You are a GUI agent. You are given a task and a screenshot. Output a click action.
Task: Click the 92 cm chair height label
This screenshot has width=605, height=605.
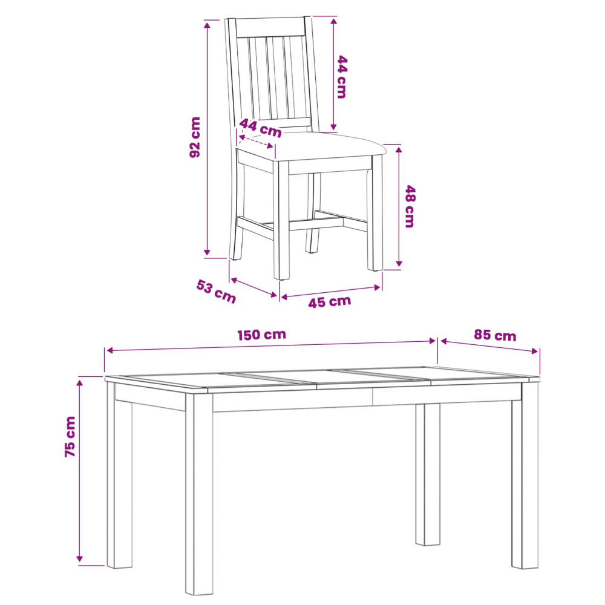pos(195,137)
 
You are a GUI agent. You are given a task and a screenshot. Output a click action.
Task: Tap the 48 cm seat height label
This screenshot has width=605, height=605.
pos(410,206)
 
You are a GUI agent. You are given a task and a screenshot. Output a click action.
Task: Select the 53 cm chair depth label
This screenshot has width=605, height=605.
pos(216,292)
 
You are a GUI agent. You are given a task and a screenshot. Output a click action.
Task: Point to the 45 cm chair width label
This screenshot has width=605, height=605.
pos(330,301)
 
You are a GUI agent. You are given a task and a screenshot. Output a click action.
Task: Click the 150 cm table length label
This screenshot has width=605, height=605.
pos(261,335)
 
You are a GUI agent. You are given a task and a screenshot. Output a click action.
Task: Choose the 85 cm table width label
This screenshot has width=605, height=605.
pos(495,335)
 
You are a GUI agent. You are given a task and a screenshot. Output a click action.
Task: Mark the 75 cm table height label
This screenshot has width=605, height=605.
pos(70,437)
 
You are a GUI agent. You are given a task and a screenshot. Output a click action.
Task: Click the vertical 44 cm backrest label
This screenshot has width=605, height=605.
pos(342,77)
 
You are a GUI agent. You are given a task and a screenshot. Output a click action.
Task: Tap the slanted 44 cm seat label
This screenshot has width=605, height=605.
pos(260,128)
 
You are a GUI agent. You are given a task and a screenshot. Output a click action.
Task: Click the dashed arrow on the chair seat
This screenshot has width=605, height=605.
pos(256,141)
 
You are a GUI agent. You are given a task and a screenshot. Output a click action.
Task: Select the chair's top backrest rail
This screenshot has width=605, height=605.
pos(270,27)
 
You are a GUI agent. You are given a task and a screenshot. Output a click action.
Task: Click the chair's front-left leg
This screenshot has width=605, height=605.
pos(281,220)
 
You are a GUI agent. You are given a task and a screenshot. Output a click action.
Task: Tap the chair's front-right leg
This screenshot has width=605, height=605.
pos(375,212)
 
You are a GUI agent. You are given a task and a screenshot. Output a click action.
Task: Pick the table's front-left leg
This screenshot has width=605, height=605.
pos(199,494)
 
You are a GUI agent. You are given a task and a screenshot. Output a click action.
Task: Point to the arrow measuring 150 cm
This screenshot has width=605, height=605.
pos(271,345)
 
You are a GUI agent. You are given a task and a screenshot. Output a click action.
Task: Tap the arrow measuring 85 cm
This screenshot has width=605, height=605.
pos(489,345)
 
